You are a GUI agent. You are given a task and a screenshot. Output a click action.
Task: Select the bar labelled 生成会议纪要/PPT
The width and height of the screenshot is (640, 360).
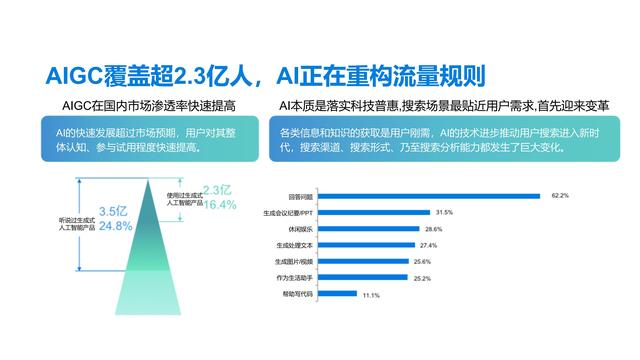tap(371, 213)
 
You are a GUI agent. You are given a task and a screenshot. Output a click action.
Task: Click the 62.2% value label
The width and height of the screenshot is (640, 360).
tap(560, 196)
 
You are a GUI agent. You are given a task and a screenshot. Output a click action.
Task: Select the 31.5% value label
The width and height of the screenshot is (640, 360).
tap(443, 213)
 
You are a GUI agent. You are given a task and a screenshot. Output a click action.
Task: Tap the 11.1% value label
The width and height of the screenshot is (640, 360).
tap(371, 296)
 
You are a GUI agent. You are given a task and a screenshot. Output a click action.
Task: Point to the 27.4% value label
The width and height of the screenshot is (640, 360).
tap(429, 246)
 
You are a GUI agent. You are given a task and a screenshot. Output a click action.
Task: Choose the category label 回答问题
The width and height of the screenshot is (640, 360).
tap(297, 196)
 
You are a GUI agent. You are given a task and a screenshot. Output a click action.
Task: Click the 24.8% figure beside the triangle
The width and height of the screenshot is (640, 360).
tap(116, 226)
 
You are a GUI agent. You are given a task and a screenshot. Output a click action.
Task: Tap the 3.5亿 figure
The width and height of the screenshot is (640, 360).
tap(114, 210)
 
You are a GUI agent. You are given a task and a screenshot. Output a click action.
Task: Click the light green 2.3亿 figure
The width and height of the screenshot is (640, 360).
tap(217, 190)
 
